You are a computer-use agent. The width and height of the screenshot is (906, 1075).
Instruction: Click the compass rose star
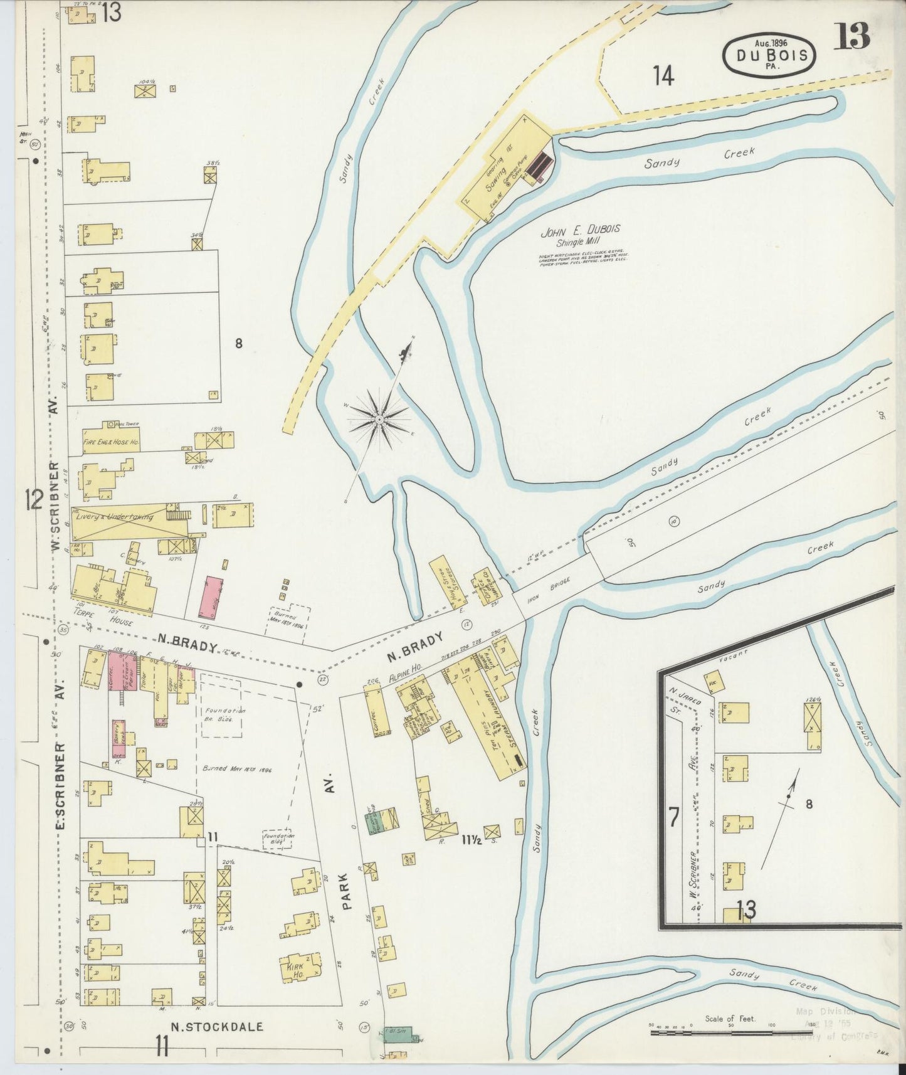click(x=379, y=418)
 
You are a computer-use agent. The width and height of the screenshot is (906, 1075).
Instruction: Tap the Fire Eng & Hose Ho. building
click(x=110, y=442)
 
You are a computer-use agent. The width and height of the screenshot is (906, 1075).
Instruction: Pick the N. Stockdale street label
click(x=217, y=1027)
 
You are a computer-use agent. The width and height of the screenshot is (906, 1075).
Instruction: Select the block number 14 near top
click(x=663, y=77)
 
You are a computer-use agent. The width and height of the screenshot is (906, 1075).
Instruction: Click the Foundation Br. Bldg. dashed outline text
click(x=224, y=714)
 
